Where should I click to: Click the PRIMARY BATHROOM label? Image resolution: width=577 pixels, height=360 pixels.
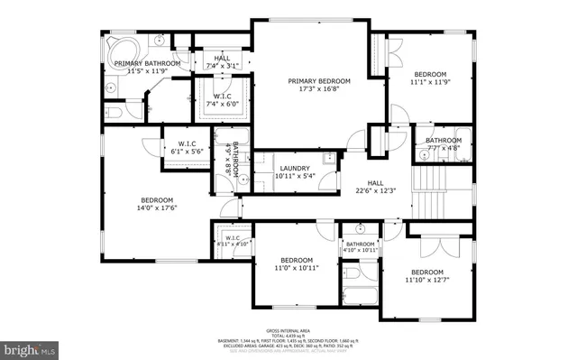point(147,63)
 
